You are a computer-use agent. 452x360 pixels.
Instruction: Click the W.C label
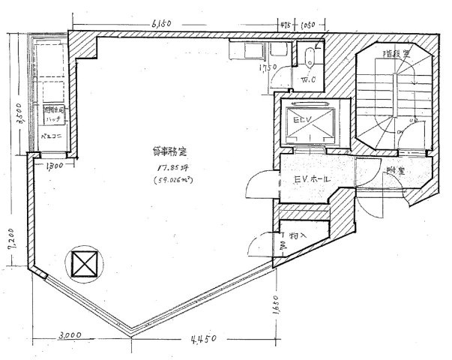(x=308, y=79)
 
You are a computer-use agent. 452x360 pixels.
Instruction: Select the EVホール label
(x=310, y=181)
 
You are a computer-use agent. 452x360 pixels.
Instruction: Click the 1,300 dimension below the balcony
(x=54, y=165)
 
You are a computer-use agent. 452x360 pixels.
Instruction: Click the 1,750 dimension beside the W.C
(x=262, y=73)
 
